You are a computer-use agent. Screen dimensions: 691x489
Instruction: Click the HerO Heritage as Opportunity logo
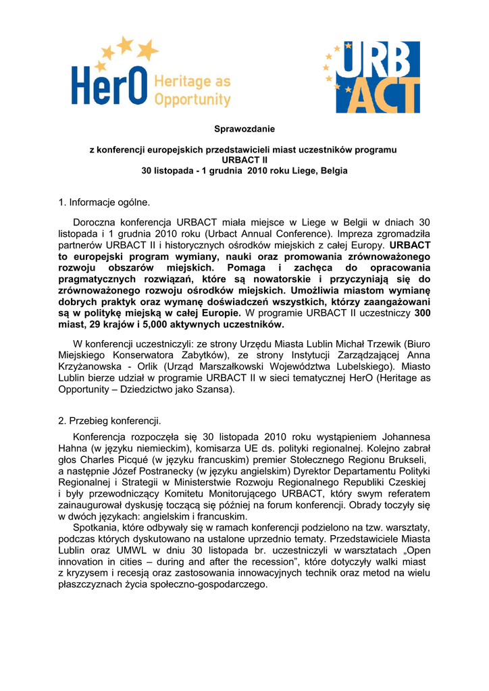tap(151, 74)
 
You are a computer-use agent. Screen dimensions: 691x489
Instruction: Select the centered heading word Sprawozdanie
tap(244, 128)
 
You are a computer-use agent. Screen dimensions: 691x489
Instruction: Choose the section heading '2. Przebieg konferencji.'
tap(110, 421)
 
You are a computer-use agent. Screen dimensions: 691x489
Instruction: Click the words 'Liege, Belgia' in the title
tap(321, 171)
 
